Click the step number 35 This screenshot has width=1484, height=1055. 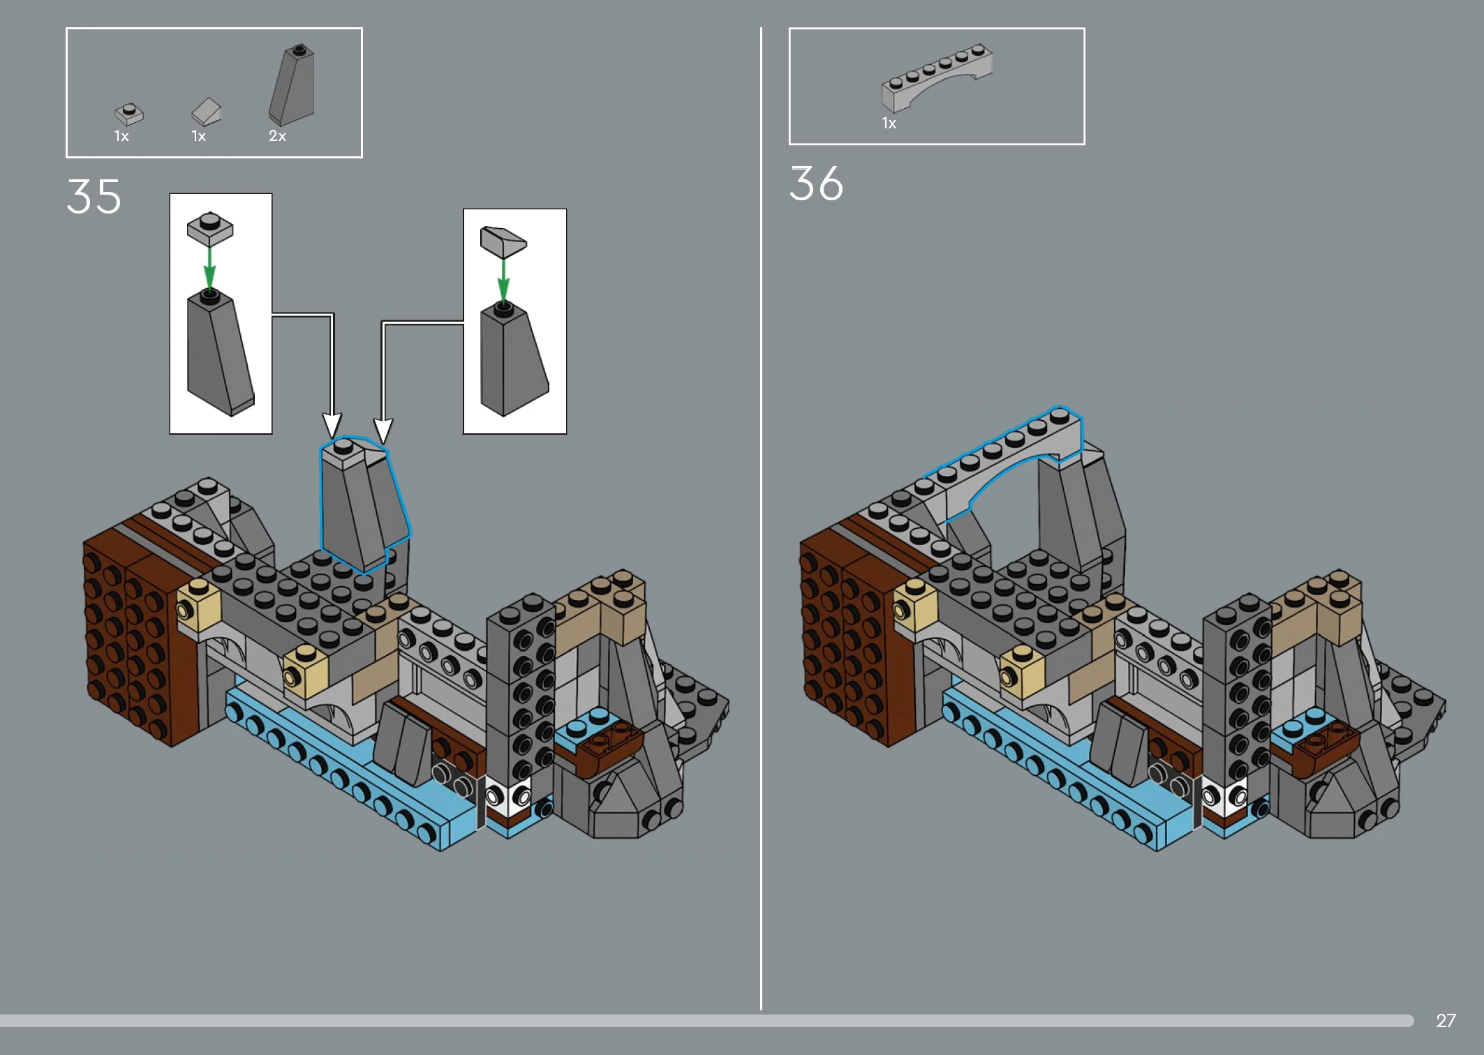pos(94,196)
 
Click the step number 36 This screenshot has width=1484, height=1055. pos(816,184)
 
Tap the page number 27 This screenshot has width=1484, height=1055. pos(1446,1020)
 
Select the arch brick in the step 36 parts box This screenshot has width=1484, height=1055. pos(936,77)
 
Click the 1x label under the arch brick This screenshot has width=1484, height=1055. pos(889,124)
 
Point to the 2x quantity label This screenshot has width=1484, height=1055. pos(277,136)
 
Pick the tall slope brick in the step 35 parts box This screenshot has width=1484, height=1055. pos(292,85)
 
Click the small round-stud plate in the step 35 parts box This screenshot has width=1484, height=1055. pos(129,114)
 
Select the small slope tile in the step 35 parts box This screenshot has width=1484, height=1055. pos(207,112)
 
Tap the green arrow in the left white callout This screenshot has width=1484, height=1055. pos(209,268)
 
